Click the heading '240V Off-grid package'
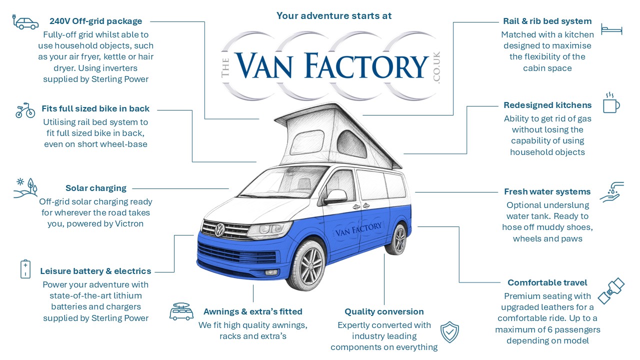click(x=95, y=21)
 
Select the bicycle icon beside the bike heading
click(x=25, y=110)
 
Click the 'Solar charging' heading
click(x=95, y=188)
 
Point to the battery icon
click(x=25, y=269)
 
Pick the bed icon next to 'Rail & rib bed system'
click(x=611, y=29)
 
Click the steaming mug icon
click(x=611, y=102)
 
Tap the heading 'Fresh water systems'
click(x=547, y=191)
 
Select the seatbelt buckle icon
click(x=611, y=291)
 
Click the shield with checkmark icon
click(x=449, y=332)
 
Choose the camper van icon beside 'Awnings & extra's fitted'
click(x=181, y=311)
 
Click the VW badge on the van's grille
click(x=219, y=230)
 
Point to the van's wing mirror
click(x=335, y=197)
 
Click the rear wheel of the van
click(x=397, y=239)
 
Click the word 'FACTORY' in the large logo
click(x=366, y=66)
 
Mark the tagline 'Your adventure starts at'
click(x=334, y=15)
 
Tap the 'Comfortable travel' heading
click(x=547, y=282)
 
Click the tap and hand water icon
click(x=611, y=192)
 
